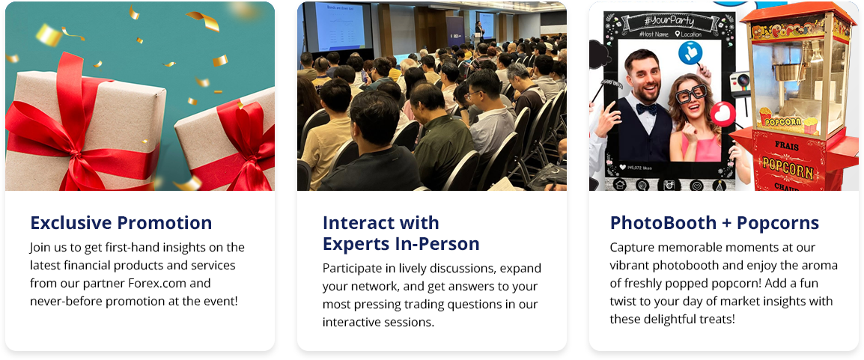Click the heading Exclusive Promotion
point(121,223)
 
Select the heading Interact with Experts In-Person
point(401,233)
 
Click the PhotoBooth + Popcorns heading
point(715,223)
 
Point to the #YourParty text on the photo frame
point(669,22)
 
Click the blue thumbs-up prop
point(690,53)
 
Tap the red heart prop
point(722,115)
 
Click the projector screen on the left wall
point(339,26)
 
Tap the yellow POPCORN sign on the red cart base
point(788,168)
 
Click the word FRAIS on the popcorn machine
point(786,147)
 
